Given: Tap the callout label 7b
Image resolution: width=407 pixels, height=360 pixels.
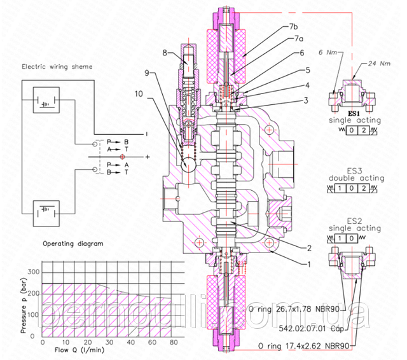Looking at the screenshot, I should [x=293, y=27].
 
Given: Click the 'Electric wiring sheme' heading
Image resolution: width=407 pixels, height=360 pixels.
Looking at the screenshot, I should [x=56, y=66].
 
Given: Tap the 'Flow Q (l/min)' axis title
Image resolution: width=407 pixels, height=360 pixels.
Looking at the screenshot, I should [x=81, y=349].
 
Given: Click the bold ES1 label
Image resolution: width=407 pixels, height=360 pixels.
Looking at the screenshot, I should [x=354, y=112].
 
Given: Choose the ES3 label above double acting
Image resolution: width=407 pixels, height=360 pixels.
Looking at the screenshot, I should [x=354, y=170].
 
